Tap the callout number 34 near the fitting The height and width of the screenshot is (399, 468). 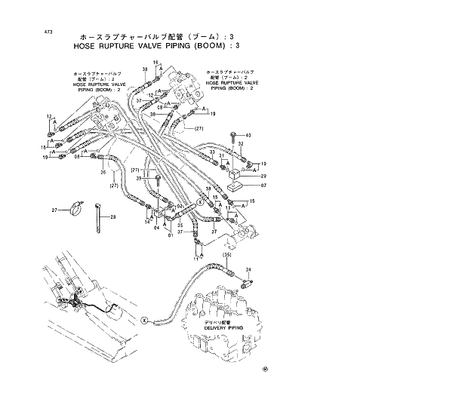(x=248, y=269)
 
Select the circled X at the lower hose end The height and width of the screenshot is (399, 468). (x=145, y=319)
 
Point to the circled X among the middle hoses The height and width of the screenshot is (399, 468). (x=200, y=202)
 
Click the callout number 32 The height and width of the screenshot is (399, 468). (x=242, y=143)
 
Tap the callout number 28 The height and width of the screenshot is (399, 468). (x=113, y=217)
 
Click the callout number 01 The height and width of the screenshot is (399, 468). (x=171, y=234)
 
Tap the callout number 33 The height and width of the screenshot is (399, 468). (x=213, y=152)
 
